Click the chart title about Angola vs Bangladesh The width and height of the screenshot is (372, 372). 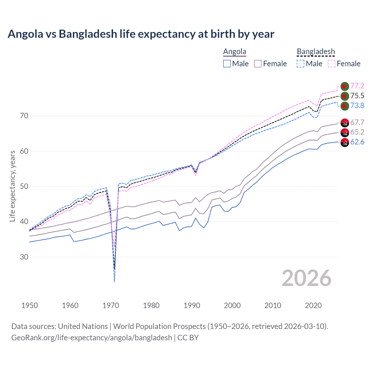click(141, 34)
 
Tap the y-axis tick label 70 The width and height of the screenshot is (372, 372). click(24, 116)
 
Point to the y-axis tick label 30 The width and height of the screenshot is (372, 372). click(24, 257)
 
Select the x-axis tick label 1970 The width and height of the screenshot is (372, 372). click(111, 305)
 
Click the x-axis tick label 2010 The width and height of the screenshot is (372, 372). click(273, 305)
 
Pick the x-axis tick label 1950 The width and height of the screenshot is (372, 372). click(30, 305)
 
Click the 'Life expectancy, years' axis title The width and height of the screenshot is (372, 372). click(12, 186)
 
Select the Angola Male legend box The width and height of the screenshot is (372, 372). click(227, 64)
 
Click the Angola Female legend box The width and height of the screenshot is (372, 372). click(258, 64)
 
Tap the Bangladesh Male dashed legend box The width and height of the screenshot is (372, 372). click(301, 64)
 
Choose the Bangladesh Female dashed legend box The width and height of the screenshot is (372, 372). click(332, 64)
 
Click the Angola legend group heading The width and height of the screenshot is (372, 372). click(235, 52)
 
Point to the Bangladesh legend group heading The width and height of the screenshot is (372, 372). click(316, 52)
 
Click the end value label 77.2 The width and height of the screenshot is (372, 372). click(357, 86)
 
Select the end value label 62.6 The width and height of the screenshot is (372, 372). click(357, 142)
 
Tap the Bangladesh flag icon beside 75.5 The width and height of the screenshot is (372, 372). click(344, 96)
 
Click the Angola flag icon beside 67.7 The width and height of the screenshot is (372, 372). click(344, 123)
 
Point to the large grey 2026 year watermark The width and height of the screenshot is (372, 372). click(306, 278)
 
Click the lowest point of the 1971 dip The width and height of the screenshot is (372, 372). click(115, 282)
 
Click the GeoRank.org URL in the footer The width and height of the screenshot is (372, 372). click(92, 338)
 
